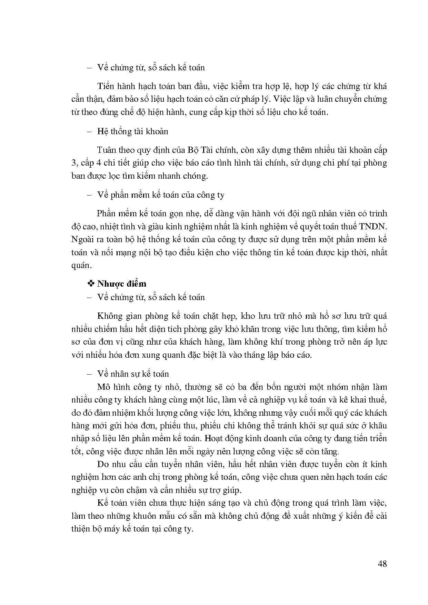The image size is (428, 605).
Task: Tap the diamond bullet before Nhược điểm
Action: click(x=91, y=284)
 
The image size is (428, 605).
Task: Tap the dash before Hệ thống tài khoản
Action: click(x=91, y=131)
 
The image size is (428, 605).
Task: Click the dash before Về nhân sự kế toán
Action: click(x=91, y=374)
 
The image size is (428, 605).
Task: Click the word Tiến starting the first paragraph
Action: click(x=107, y=86)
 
